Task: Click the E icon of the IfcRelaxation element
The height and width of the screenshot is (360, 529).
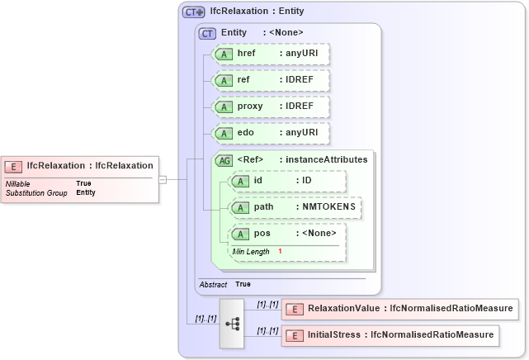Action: point(14,165)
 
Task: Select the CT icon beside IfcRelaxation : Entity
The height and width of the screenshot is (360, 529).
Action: point(194,12)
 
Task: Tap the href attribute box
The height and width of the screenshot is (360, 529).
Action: point(271,54)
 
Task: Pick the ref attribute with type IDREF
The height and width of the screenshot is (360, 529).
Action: point(271,80)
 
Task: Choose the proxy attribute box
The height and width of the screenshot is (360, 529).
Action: point(271,107)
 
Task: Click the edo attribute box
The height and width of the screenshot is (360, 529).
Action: point(271,133)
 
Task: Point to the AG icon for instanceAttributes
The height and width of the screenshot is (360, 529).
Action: point(223,160)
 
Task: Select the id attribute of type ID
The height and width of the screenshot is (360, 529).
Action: point(287,181)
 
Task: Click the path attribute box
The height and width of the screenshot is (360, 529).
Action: point(295,207)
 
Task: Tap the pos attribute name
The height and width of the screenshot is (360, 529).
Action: point(262,234)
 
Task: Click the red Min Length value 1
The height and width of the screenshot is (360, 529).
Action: point(280,251)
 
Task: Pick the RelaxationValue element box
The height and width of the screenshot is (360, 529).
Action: point(399,309)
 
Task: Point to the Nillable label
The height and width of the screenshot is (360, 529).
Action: point(19,183)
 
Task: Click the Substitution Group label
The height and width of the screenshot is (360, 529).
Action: point(36,192)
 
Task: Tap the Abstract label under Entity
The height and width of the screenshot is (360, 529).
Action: point(213,284)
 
